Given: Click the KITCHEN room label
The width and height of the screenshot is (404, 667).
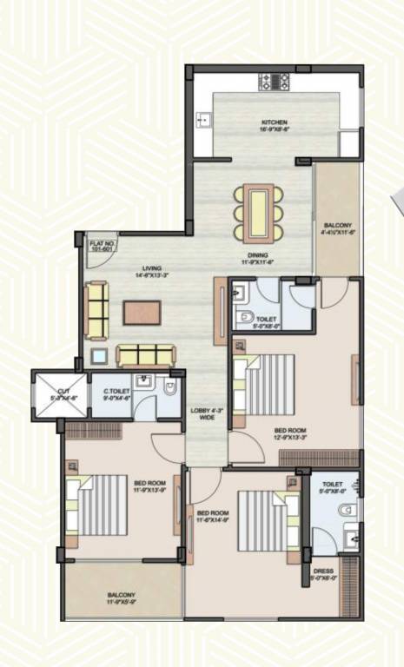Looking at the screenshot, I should tap(274, 125).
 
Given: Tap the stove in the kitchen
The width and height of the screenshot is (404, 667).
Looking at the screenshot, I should tap(274, 83).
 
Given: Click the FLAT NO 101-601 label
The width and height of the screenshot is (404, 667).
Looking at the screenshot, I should tap(102, 247).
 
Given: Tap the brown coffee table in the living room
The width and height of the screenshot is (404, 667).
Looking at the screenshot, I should tap(142, 312).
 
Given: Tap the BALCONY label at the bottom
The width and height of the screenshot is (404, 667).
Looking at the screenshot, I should tap(121, 598).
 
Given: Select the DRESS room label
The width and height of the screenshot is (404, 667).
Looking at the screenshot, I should tap(323, 574).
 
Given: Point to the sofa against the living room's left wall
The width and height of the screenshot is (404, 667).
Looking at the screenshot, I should tap(96, 310).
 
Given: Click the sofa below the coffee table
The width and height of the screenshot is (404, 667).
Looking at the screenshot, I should tap(146, 354).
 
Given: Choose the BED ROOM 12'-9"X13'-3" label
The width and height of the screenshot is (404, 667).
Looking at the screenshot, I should tap(289, 433).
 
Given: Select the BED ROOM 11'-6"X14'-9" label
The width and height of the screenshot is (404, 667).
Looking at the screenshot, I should tap(212, 518).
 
